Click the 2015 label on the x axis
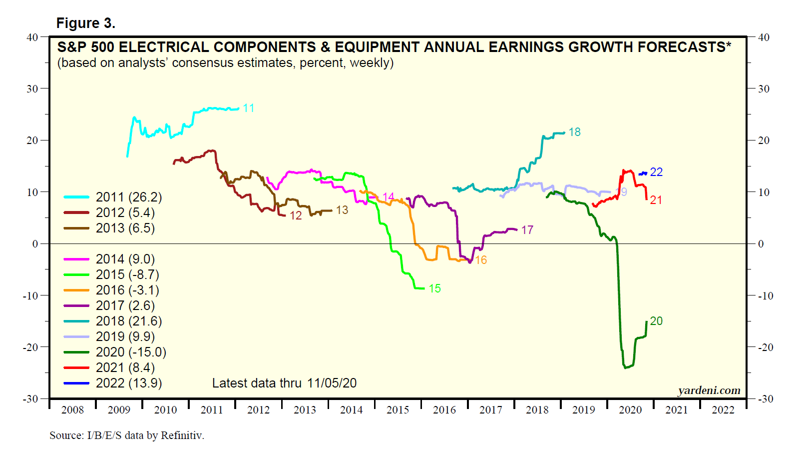(398, 410)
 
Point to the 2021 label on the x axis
(676, 410)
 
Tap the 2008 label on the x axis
(72, 410)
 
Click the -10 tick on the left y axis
(30, 295)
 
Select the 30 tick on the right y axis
(764, 89)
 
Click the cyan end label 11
(249, 108)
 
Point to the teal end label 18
(574, 132)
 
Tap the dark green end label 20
(656, 321)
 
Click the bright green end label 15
(434, 288)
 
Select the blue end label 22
(656, 172)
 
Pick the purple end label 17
(527, 230)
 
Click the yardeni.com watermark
(709, 390)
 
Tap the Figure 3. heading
(85, 23)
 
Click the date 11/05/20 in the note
(332, 383)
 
